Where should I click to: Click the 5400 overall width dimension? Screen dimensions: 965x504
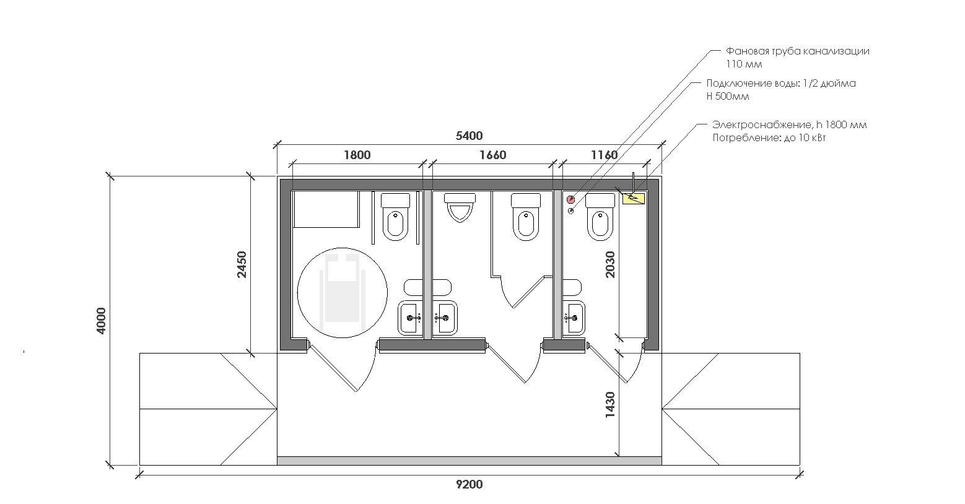[469, 136]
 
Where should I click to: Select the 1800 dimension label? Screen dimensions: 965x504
[357, 155]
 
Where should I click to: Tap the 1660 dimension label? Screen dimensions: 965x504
[493, 155]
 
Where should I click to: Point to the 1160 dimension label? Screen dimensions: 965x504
[604, 155]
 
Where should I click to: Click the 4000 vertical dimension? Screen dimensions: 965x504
[101, 321]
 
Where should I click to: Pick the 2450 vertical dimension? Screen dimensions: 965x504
[242, 264]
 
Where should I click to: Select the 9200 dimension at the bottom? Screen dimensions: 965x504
[469, 485]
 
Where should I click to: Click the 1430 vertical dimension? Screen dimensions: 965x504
[610, 404]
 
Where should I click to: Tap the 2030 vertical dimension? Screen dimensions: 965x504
[610, 264]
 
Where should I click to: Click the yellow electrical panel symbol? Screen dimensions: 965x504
[633, 198]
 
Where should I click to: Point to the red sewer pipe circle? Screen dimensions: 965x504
[571, 199]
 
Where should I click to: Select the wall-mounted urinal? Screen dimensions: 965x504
[460, 207]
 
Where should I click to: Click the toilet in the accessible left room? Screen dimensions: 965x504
[396, 217]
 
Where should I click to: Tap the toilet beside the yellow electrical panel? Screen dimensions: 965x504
[601, 217]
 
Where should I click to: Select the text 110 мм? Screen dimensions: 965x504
[744, 64]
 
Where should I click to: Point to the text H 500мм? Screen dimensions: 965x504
[728, 97]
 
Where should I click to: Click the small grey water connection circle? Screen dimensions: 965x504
[571, 211]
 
